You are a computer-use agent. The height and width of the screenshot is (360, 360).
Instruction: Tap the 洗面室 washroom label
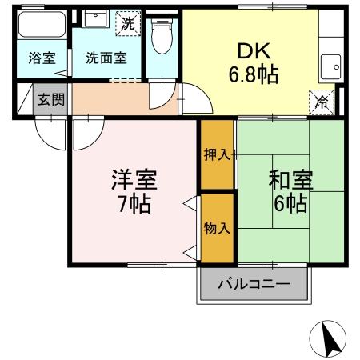106,58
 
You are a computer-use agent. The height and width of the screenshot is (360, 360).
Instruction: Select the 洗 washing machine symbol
128,23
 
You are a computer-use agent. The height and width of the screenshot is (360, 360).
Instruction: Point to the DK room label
250,52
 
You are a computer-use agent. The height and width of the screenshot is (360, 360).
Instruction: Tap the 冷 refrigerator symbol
320,102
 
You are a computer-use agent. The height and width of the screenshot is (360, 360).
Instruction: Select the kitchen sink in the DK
329,63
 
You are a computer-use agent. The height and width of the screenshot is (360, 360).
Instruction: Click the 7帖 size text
130,202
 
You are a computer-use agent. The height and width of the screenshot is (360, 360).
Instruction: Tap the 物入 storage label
216,228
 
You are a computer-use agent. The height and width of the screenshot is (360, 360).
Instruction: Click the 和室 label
288,178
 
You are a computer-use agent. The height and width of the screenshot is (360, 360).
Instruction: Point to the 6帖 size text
290,202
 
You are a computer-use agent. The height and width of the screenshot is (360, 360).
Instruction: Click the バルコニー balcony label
253,284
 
